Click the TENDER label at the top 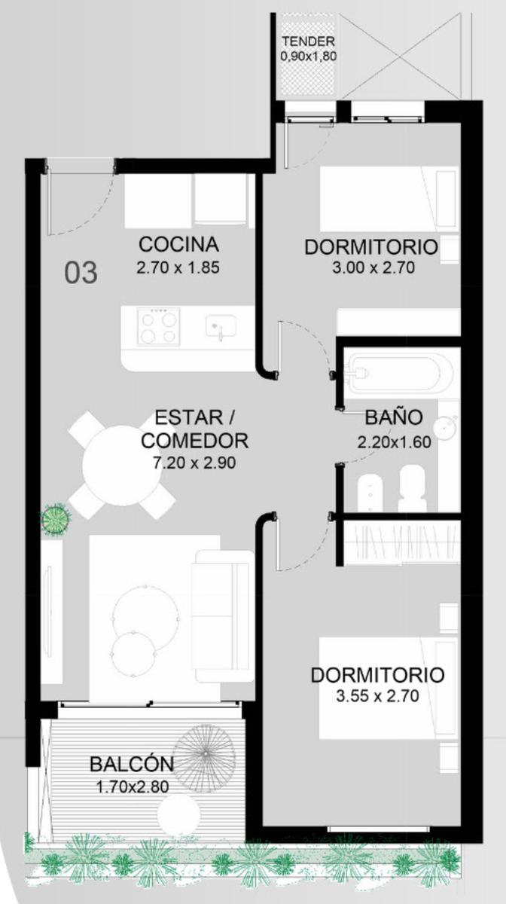(308, 41)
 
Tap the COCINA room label (178, 244)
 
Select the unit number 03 (81, 273)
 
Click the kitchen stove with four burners (159, 326)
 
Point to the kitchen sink (221, 326)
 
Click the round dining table (122, 466)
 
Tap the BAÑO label (393, 417)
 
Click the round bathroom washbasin (446, 426)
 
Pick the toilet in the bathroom (412, 488)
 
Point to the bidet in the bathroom (370, 493)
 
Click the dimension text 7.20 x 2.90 (194, 463)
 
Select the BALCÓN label (132, 764)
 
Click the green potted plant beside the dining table (56, 519)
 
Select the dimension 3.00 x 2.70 (373, 268)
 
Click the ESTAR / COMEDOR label (194, 429)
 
